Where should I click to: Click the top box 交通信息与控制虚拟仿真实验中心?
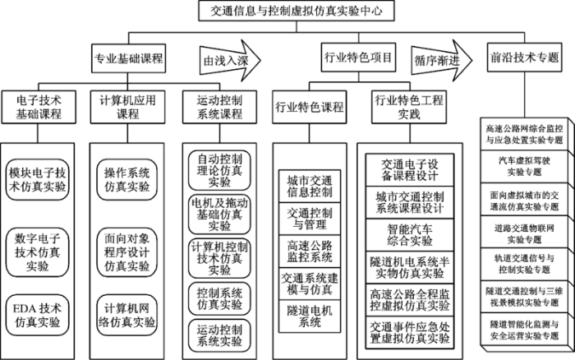pyautogui.click(x=297, y=11)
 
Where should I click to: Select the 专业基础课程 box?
pyautogui.click(x=128, y=58)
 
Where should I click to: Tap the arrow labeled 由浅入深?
pyautogui.click(x=230, y=60)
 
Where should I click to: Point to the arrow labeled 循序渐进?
pyautogui.click(x=442, y=60)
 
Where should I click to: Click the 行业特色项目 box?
pyautogui.click(x=358, y=58)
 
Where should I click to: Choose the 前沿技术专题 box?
pyautogui.click(x=524, y=58)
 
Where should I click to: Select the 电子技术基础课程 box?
pyautogui.click(x=39, y=107)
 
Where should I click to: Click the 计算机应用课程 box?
pyautogui.click(x=127, y=107)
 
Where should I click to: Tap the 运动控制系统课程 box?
pyautogui.click(x=219, y=107)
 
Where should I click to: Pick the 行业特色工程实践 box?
pyautogui.click(x=409, y=107)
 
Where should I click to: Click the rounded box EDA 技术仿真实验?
pyautogui.click(x=38, y=316)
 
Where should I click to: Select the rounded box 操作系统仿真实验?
pyautogui.click(x=126, y=179)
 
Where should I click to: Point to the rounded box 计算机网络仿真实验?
pyautogui.click(x=126, y=316)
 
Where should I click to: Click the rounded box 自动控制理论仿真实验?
pyautogui.click(x=219, y=170)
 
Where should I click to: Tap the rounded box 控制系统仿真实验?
pyautogui.click(x=219, y=298)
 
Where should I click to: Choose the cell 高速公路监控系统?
pyautogui.click(x=310, y=251)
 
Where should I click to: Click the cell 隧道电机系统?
pyautogui.click(x=310, y=316)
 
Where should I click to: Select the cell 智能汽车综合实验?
pyautogui.click(x=410, y=235)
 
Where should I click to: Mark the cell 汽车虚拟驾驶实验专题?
pyautogui.click(x=524, y=166)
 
